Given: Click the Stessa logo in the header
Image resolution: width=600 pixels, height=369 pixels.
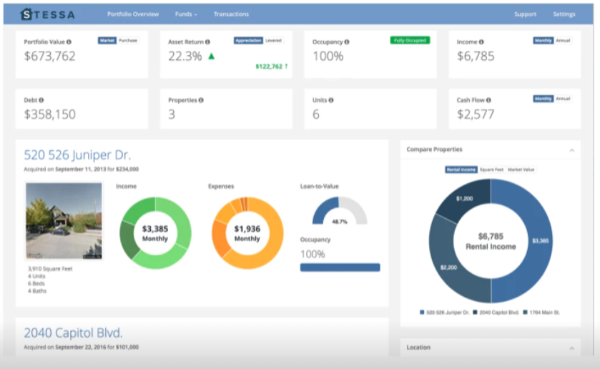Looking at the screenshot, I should [48, 14].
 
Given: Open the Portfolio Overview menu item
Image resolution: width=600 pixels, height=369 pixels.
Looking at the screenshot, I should [133, 14].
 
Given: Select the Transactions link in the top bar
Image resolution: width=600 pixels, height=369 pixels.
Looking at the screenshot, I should [231, 14].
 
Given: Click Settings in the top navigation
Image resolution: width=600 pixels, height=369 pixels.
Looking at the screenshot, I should [564, 14].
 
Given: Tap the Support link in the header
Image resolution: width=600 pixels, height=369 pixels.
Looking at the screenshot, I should [525, 14].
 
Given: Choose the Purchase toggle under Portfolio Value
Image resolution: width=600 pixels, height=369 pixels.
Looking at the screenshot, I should [129, 41].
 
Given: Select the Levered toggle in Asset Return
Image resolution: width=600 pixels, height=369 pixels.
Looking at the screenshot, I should [274, 41].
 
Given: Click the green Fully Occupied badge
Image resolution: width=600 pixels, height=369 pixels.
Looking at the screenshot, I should [410, 41].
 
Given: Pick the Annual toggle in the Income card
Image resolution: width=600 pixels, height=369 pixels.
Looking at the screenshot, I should [564, 41].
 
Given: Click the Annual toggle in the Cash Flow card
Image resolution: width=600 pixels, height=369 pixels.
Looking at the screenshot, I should [564, 99].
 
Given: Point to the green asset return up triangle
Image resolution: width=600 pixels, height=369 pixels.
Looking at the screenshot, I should [211, 56].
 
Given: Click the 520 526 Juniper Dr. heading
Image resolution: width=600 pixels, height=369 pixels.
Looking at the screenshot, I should [77, 154].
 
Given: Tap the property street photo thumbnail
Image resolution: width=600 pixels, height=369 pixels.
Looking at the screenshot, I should [64, 220].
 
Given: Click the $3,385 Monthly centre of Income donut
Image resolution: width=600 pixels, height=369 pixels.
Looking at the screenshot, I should [155, 233].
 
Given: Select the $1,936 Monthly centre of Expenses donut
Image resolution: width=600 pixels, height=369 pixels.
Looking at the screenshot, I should [247, 233].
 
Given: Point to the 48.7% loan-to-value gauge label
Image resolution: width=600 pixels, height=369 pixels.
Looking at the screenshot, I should [340, 222].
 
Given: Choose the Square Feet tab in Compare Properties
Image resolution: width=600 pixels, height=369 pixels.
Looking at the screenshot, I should [491, 170].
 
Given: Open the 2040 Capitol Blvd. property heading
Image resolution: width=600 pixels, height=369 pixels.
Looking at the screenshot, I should [73, 333].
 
